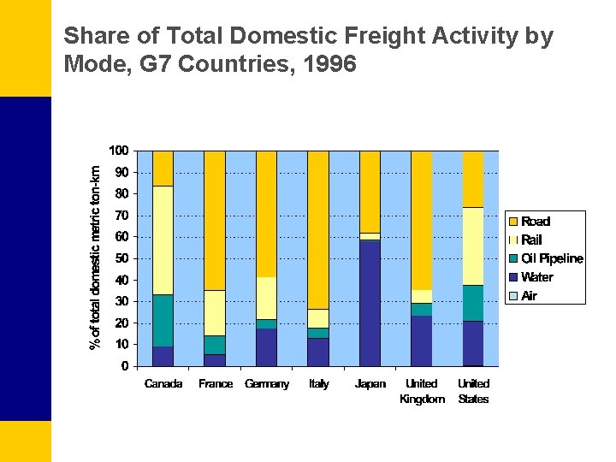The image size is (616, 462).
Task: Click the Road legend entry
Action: (x=535, y=222)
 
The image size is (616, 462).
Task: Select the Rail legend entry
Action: (x=531, y=240)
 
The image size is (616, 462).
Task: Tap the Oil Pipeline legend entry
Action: (x=552, y=258)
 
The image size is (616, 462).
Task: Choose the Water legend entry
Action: (x=536, y=277)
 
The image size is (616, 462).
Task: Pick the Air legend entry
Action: (x=529, y=296)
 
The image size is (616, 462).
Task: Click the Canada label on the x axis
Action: (x=163, y=384)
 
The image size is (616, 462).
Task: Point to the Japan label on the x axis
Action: (x=370, y=384)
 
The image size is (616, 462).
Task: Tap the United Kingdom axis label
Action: (x=422, y=391)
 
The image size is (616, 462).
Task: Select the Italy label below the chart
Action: (x=318, y=384)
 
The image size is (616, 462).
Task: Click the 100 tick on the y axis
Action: (x=119, y=151)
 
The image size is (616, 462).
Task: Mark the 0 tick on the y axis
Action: (x=125, y=366)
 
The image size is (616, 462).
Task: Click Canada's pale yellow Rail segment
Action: (x=163, y=240)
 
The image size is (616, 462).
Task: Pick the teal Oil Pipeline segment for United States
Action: (x=473, y=303)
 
